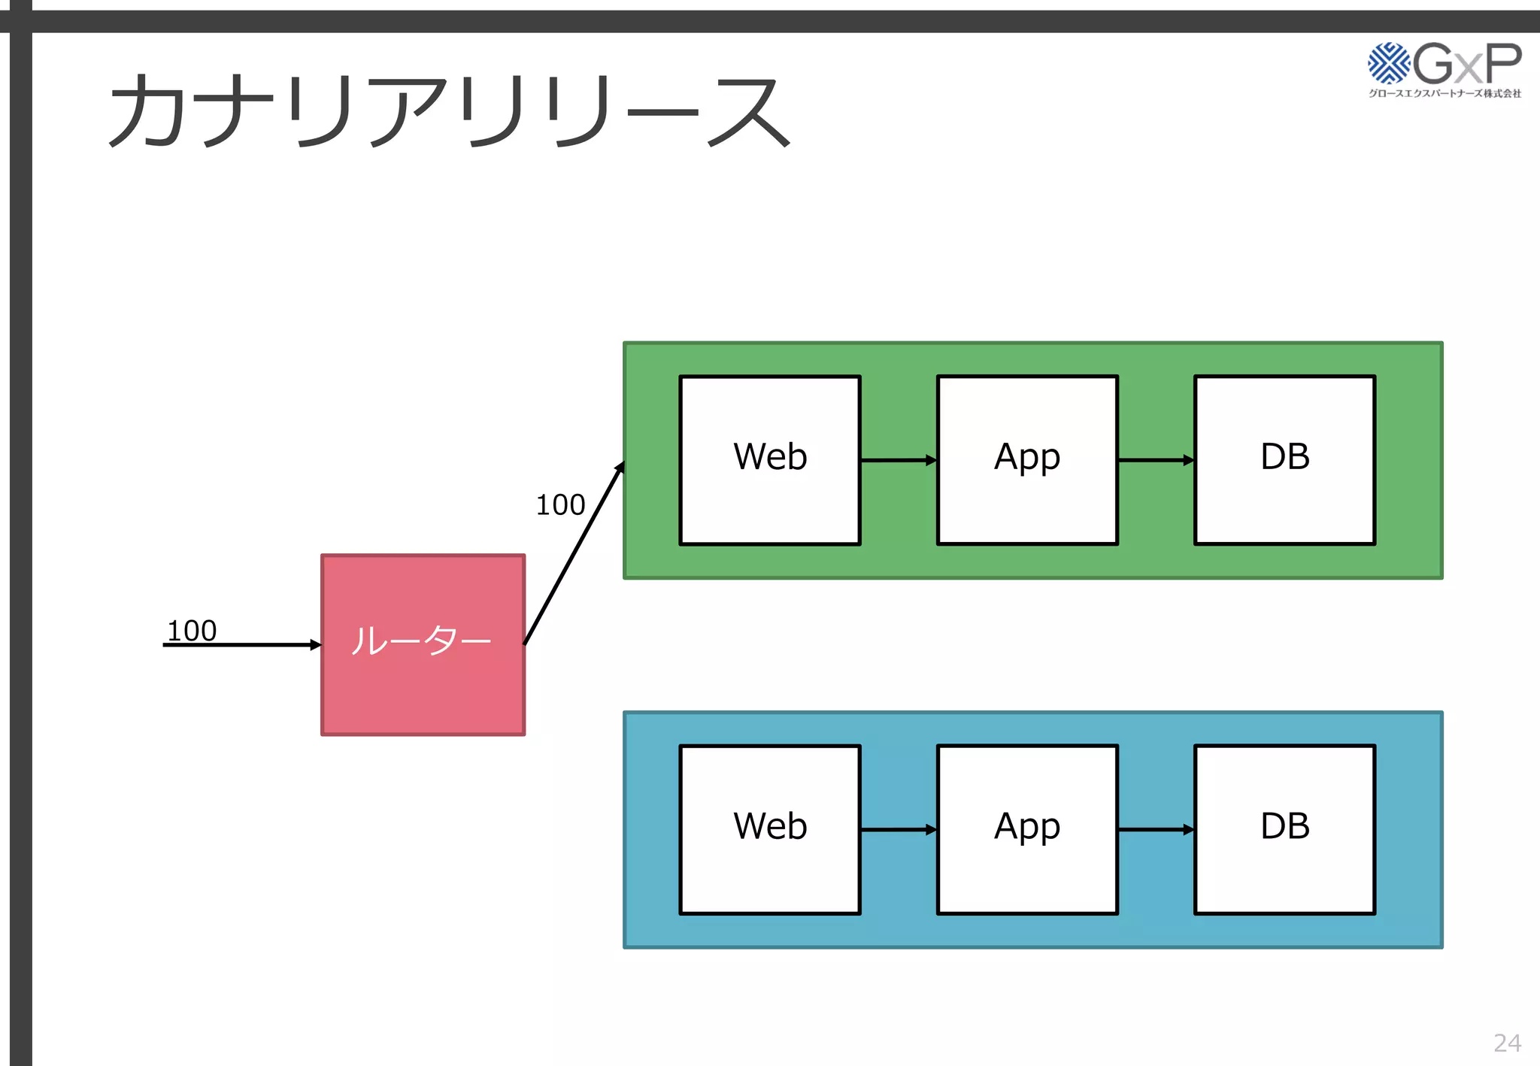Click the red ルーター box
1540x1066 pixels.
(x=423, y=644)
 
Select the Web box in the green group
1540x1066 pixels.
(x=769, y=459)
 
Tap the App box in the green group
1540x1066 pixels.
(x=1027, y=459)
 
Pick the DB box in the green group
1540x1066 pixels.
(x=1284, y=459)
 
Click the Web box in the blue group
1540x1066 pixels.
(x=769, y=829)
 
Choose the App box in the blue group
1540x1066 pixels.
(x=1027, y=829)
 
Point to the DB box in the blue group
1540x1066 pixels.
(x=1284, y=829)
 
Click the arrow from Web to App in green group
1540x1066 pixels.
(x=898, y=460)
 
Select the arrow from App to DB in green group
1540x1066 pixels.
(x=1155, y=460)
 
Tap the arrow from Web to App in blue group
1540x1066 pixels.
(x=898, y=830)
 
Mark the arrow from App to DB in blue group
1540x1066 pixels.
(x=1155, y=830)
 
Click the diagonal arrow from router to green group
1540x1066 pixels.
(x=574, y=553)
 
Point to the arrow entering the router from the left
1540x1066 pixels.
(x=241, y=645)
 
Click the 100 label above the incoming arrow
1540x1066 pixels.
(x=192, y=630)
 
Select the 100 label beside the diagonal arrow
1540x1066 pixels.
(x=560, y=504)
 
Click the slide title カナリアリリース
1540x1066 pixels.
(x=449, y=111)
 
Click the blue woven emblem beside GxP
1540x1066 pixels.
(x=1388, y=63)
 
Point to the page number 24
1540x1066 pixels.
(x=1507, y=1043)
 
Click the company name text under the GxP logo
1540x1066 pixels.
(x=1445, y=93)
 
